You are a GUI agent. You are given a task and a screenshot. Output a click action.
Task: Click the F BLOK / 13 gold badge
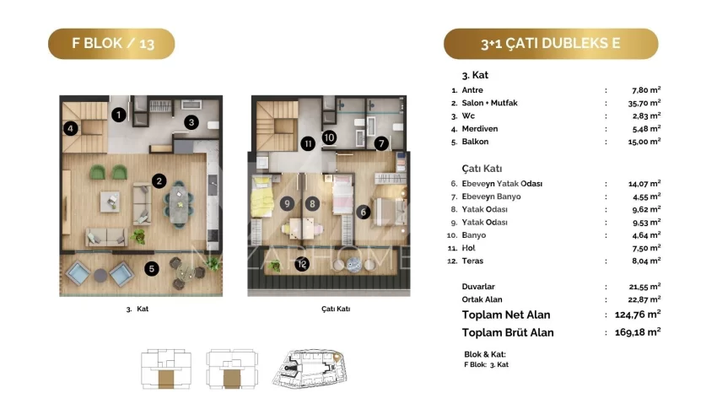coord(111,44)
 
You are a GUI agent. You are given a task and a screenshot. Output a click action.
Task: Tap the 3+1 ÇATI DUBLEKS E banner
coord(551,44)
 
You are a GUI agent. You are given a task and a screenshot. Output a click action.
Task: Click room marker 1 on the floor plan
coord(119,114)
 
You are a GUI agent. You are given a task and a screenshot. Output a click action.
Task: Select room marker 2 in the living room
coord(159,181)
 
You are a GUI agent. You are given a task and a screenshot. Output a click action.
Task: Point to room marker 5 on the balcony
coord(152,269)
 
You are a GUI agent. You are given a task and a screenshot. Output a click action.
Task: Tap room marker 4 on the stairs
coord(70,128)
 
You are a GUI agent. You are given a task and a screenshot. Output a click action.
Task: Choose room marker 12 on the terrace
coord(302,264)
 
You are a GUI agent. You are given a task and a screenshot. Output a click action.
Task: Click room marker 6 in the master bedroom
coord(364,212)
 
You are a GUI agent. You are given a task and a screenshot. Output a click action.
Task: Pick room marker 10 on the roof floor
coord(329,137)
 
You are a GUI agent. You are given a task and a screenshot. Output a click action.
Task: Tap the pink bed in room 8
coord(342,194)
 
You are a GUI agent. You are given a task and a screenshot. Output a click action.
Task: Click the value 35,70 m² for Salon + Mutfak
coord(644,103)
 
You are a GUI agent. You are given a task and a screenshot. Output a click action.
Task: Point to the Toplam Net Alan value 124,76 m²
coord(638,315)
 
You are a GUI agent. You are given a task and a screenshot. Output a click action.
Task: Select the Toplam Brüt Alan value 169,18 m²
coord(638,332)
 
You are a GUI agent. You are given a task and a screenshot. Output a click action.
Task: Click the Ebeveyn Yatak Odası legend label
coord(502,184)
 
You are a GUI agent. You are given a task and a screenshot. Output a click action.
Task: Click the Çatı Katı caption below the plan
coord(336,309)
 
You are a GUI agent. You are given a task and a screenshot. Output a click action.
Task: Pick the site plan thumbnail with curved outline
coord(310,369)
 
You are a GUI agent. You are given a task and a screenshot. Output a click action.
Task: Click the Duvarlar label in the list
coord(478,287)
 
